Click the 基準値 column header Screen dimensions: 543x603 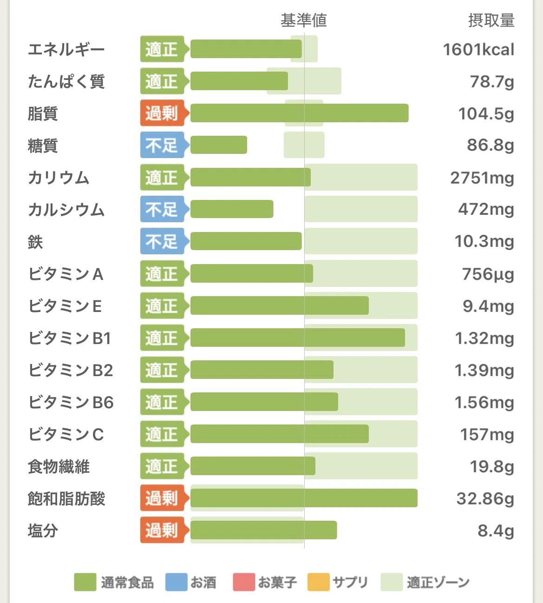coord(304,20)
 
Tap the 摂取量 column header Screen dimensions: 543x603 coord(491,20)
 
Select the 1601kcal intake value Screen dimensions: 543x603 coord(478,49)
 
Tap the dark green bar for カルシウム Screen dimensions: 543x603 coord(232,209)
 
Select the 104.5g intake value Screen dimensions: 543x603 coord(486,113)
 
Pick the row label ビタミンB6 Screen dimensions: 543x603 coord(71,402)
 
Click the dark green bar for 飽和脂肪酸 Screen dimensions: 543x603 coord(304,498)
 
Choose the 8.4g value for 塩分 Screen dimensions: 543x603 coord(496,530)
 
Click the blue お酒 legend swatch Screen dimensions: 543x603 coord(177,582)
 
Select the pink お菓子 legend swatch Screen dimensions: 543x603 coord(244,582)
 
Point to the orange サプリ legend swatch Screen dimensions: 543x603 coord(318,582)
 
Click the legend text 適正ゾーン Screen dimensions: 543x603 coord(438,582)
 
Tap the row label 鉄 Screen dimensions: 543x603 coord(35,242)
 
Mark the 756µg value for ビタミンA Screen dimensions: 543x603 coord(488,274)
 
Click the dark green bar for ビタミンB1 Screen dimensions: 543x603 coord(298,338)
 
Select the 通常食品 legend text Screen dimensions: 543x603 coord(127,582)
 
